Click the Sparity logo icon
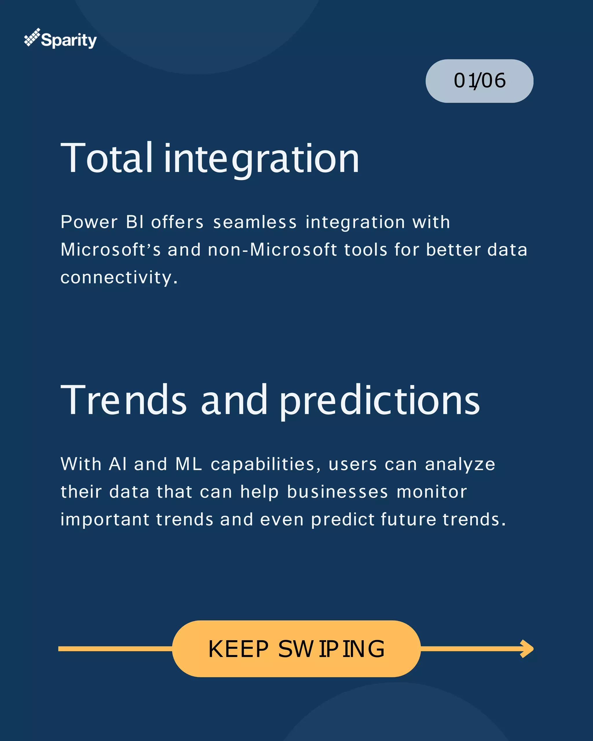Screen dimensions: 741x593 [32, 37]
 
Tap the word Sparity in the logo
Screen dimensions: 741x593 [69, 41]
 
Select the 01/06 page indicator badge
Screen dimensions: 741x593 [479, 81]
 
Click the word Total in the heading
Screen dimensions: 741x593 [106, 158]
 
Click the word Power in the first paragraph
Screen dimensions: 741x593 [89, 222]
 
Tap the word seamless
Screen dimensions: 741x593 [255, 222]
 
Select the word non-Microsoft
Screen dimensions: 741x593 [272, 250]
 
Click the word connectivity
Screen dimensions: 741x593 [119, 278]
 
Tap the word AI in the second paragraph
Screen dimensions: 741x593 [118, 464]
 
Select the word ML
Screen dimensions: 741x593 [189, 464]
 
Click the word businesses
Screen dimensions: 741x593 [337, 492]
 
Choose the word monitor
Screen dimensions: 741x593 [432, 492]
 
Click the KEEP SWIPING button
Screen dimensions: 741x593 [296, 649]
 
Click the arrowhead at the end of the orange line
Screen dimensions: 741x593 [527, 649]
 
